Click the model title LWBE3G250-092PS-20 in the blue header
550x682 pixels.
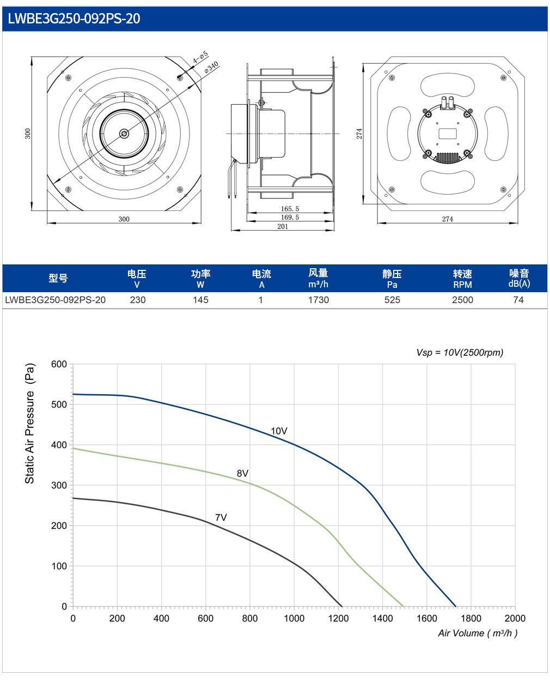click(74, 19)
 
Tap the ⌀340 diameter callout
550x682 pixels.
click(211, 67)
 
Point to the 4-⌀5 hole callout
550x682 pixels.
click(200, 57)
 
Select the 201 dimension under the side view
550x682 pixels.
click(283, 226)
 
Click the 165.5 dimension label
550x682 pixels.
click(290, 209)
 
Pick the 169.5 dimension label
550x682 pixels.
click(290, 217)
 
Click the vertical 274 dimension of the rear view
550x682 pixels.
click(359, 134)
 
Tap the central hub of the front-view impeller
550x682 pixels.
click(124, 134)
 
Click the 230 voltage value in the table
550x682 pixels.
click(137, 300)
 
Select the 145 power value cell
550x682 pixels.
click(200, 300)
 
